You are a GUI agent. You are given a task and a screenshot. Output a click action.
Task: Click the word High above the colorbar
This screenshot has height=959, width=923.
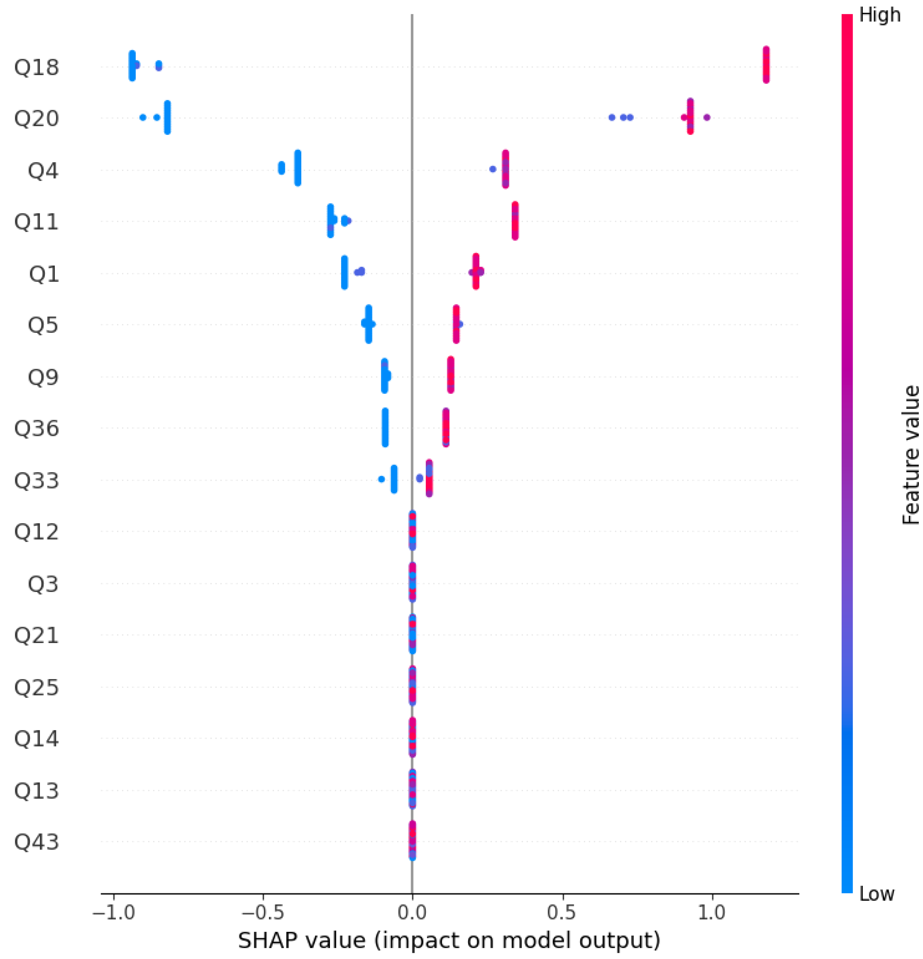click(879, 15)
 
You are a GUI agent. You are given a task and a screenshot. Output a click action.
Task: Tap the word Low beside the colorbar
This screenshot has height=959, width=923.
click(877, 894)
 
